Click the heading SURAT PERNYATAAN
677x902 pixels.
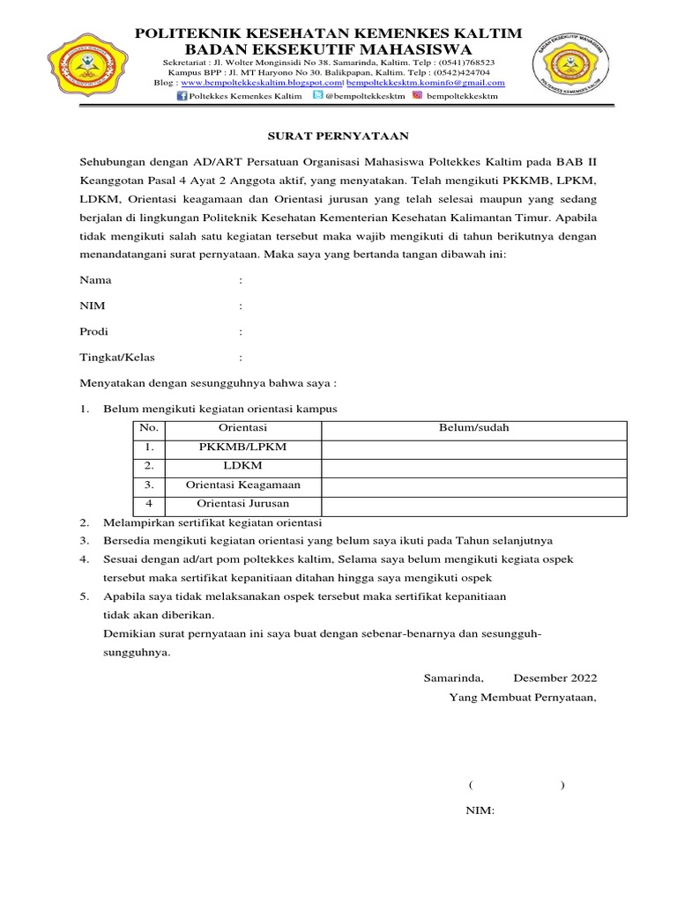(x=338, y=137)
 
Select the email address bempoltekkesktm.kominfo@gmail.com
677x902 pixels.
(x=426, y=83)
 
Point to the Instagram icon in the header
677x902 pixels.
(x=417, y=96)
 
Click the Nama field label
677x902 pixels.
(x=96, y=280)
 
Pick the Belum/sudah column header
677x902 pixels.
(x=473, y=428)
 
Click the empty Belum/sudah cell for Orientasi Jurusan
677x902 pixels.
(x=473, y=505)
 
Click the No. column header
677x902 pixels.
(x=149, y=428)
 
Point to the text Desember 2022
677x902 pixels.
(x=554, y=678)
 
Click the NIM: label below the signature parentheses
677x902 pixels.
(x=480, y=810)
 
